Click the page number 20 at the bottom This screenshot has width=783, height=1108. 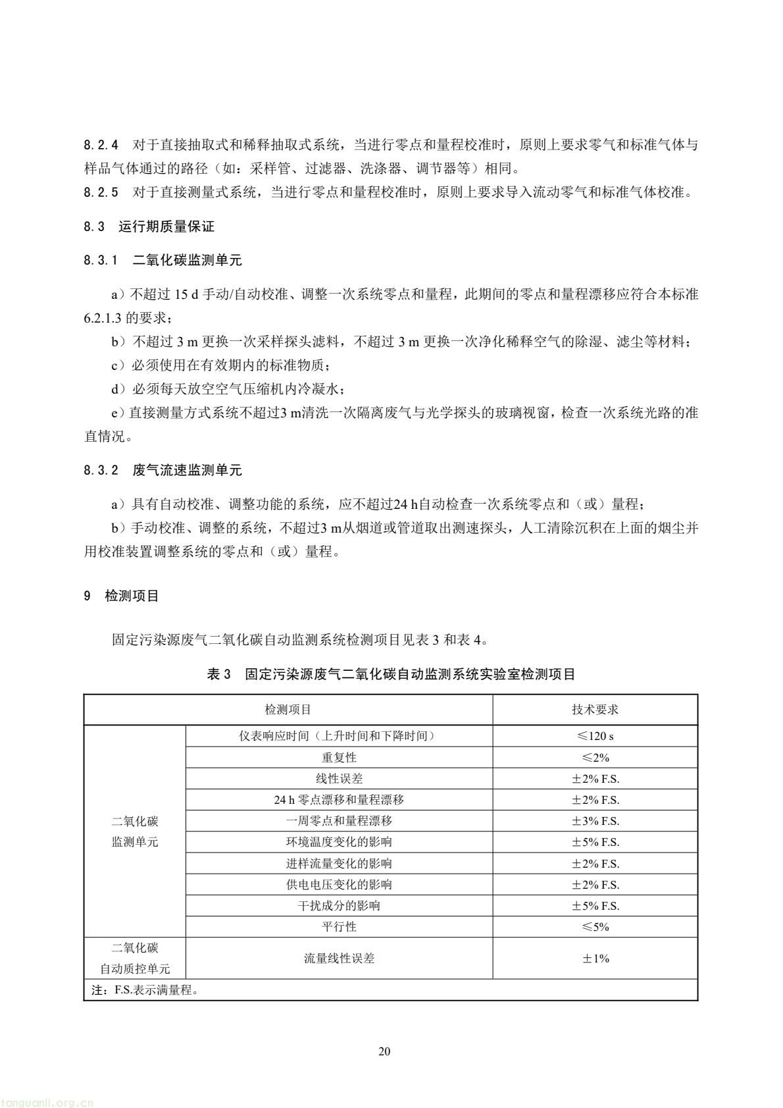(x=384, y=1051)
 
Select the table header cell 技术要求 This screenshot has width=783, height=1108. (x=595, y=710)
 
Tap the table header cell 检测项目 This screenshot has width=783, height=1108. (x=288, y=710)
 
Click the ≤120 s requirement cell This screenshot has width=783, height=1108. (x=595, y=736)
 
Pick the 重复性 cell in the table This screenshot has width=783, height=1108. (x=339, y=757)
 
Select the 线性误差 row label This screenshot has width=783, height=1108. (x=339, y=779)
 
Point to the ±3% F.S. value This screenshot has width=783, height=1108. (x=595, y=821)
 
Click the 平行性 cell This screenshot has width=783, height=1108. (x=339, y=926)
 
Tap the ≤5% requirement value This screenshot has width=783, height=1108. (x=595, y=926)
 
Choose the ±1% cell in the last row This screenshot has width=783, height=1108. (x=595, y=958)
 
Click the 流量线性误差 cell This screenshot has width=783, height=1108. (x=339, y=958)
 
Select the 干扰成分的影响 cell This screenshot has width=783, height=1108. (x=339, y=905)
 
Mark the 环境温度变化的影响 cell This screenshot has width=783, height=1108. (x=339, y=842)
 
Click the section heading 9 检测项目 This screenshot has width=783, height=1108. (x=122, y=596)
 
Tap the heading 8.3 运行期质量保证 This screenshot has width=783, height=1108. (x=149, y=226)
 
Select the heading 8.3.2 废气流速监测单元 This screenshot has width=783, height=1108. (x=163, y=470)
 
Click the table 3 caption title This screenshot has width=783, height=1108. (x=391, y=674)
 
